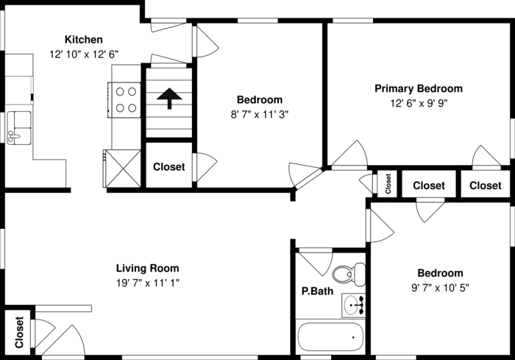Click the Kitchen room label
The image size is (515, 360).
[x=83, y=40]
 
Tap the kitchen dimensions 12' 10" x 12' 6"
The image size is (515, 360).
[x=84, y=54]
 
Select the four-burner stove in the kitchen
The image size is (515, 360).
[x=124, y=100]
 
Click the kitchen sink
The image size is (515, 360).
[x=19, y=128]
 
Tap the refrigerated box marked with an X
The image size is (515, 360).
[x=122, y=169]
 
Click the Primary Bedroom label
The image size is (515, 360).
[x=419, y=88]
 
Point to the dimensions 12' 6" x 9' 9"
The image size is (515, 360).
[x=419, y=103]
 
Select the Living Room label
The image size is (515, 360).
[x=147, y=268]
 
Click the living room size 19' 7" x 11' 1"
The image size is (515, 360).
[x=147, y=283]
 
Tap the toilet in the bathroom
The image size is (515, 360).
[x=349, y=274]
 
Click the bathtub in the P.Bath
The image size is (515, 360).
[x=330, y=337]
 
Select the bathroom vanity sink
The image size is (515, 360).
[x=353, y=306]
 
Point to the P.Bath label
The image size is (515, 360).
[x=317, y=291]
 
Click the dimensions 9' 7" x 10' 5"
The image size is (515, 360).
[x=440, y=288]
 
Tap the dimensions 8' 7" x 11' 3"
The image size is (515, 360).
[x=260, y=114]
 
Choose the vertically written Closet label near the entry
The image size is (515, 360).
[x=19, y=332]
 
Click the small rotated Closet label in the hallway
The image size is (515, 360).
[x=388, y=184]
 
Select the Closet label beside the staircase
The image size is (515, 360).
[x=168, y=166]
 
